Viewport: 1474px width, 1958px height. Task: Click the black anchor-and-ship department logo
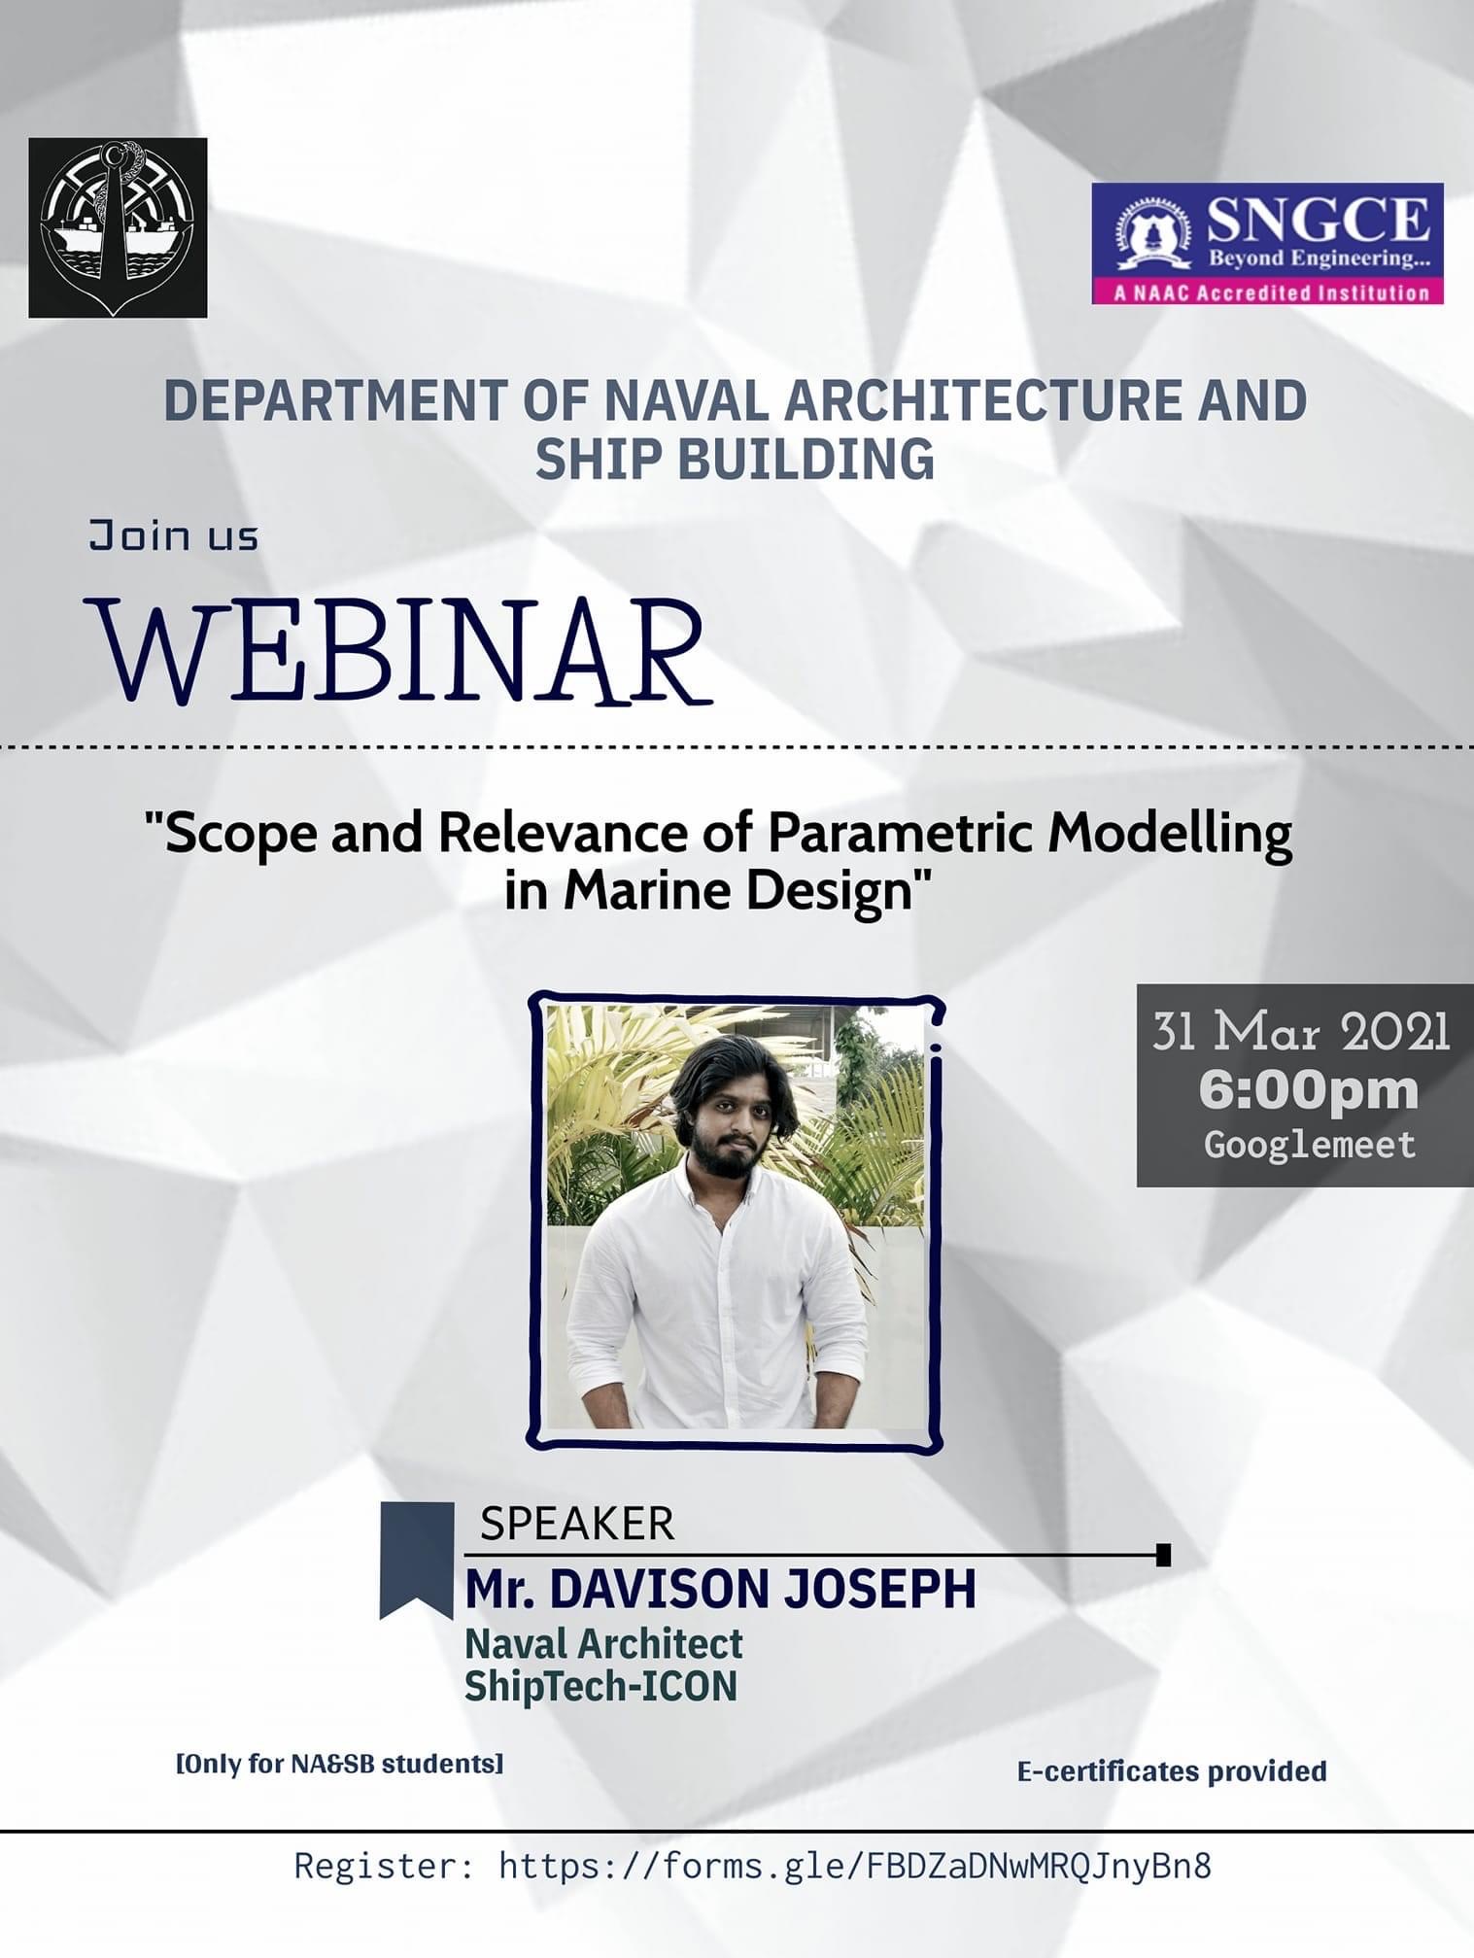(118, 227)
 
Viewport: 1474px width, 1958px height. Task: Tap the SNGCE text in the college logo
(1318, 221)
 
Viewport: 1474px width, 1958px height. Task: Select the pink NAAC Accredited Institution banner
(1267, 292)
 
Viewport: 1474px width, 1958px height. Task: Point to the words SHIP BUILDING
(735, 459)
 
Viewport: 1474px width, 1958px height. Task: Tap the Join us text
(174, 535)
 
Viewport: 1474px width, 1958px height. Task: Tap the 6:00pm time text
(1309, 1090)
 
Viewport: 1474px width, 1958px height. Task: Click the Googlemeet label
(1310, 1144)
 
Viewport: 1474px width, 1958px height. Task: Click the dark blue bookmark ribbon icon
(417, 1561)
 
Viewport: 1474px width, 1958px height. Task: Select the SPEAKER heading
(577, 1524)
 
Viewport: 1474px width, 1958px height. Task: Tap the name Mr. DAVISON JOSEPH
(720, 1590)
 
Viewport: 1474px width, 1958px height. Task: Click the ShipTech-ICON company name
(600, 1686)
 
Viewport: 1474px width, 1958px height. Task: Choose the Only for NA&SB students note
(339, 1764)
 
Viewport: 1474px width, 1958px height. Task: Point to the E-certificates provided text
(1172, 1771)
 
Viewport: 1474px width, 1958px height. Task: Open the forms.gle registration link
(855, 1867)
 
